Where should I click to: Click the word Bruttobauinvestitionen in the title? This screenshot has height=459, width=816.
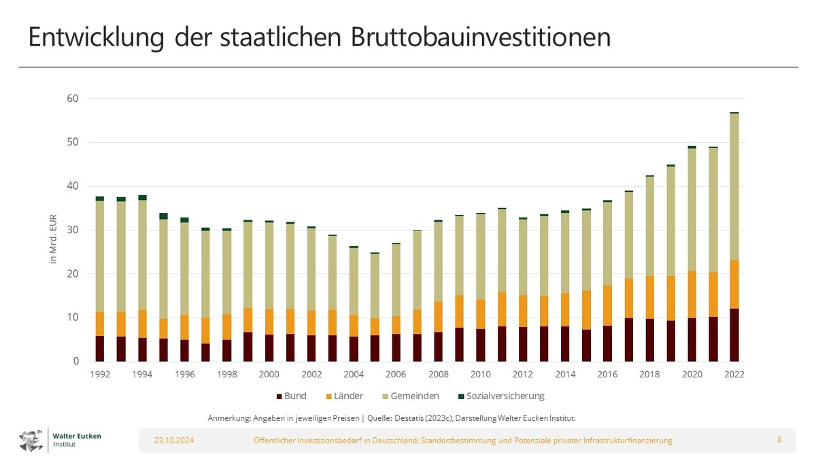point(480,38)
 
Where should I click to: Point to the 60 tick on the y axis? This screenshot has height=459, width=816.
point(73,99)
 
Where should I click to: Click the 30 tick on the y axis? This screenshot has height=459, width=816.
point(73,230)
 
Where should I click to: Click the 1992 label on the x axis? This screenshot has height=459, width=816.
point(99,374)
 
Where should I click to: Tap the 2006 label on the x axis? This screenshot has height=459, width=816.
point(396,374)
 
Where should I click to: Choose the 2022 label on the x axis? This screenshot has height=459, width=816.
point(734,374)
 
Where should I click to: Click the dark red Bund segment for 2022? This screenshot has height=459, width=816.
point(734,335)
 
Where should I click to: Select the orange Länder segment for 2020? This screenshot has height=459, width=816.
point(692,294)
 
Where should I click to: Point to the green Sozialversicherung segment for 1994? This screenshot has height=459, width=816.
point(142,197)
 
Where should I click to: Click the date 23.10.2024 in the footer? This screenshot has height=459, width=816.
point(174,441)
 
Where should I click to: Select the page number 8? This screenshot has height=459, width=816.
point(779,440)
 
